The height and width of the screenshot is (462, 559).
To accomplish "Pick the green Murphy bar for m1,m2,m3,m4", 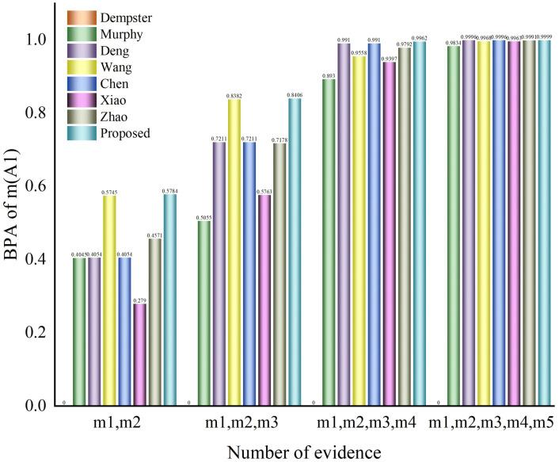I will pos(328,242).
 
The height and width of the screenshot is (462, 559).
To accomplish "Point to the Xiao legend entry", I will pos(116,100).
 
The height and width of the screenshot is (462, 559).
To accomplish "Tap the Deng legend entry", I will pos(116,49).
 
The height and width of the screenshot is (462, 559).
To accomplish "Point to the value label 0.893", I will pos(328,75).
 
